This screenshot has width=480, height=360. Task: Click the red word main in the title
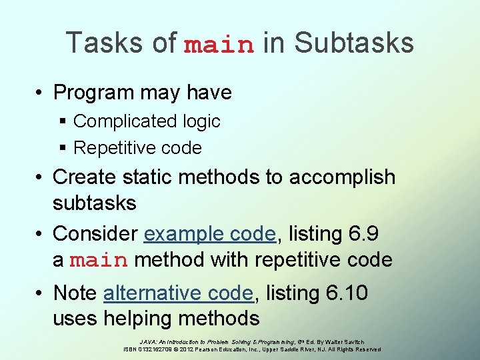tap(219, 45)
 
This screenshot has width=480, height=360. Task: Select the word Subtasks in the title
tap(353, 43)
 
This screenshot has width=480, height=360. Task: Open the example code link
tap(209, 234)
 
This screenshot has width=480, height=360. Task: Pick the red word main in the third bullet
tap(98, 261)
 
